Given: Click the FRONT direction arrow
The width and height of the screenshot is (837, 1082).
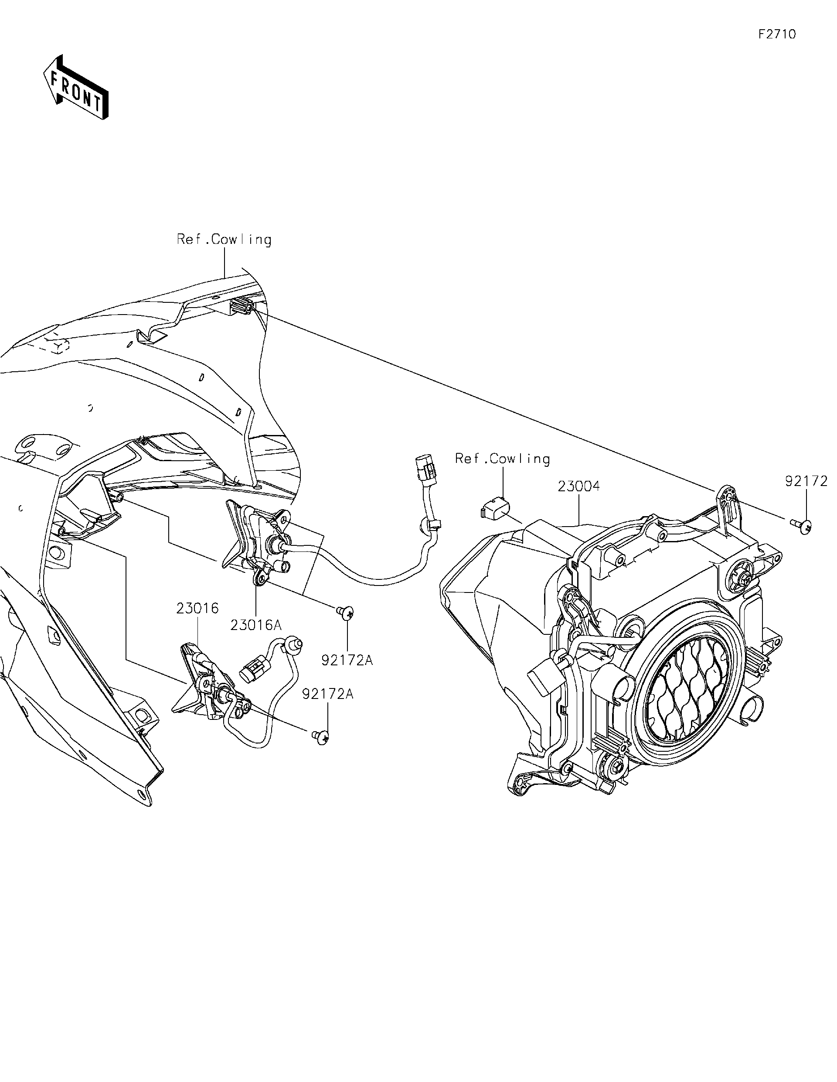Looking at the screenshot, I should pos(76,87).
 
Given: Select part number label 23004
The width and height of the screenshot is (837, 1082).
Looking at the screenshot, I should pos(578,486).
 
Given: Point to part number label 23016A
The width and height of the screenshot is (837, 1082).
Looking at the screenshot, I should pos(256,625).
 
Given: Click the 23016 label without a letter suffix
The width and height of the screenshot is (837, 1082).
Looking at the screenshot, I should pos(197,608).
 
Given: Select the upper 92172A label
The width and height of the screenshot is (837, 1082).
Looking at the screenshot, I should pos(347,660).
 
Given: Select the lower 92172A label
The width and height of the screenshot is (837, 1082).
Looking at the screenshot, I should pos(328,694).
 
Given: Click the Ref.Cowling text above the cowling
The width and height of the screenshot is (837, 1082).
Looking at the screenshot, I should pos(224,240).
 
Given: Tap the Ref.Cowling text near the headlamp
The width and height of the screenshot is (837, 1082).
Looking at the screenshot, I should pos(502,459).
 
